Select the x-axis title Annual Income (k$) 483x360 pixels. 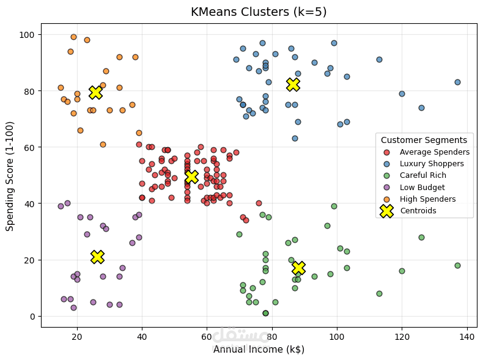(258, 350)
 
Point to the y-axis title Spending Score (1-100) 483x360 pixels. (10, 175)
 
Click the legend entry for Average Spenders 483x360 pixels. (434, 152)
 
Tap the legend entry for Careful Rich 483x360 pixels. (427, 175)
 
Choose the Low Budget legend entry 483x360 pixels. (422, 188)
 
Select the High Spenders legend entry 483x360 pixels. (427, 199)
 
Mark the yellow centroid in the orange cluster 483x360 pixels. (95, 92)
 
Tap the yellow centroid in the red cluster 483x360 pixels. (191, 177)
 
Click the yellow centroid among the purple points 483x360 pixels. (97, 257)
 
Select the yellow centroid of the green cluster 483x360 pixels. (298, 268)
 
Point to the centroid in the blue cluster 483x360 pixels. (293, 84)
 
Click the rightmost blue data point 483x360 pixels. (457, 82)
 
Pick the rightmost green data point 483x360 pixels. (457, 265)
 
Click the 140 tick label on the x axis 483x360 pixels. (467, 337)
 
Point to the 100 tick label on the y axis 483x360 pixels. (28, 35)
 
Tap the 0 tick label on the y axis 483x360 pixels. (33, 317)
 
